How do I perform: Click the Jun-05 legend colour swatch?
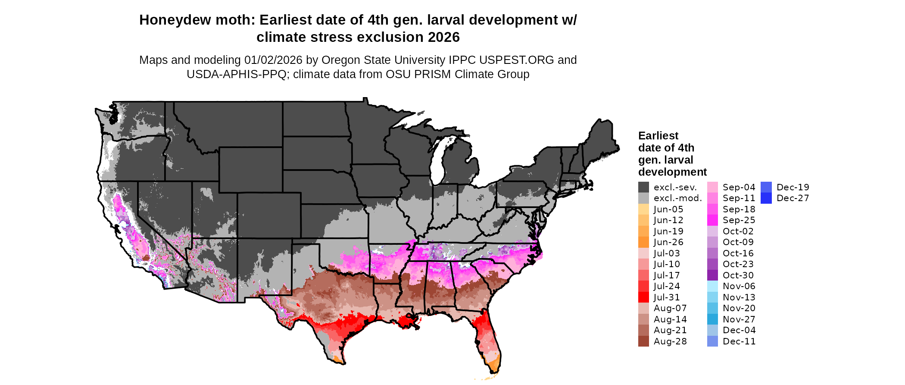pyautogui.click(x=643, y=209)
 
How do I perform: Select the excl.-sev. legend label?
pyautogui.click(x=675, y=187)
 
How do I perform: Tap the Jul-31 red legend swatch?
pyautogui.click(x=643, y=297)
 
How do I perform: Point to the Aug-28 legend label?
pyautogui.click(x=670, y=341)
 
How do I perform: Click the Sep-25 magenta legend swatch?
pyautogui.click(x=712, y=220)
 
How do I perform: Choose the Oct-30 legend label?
pyautogui.click(x=738, y=275)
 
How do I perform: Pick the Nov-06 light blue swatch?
pyautogui.click(x=712, y=286)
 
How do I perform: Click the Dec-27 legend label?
pyautogui.click(x=793, y=198)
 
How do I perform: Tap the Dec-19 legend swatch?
pyautogui.click(x=766, y=187)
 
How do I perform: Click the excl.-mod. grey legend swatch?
pyautogui.click(x=643, y=198)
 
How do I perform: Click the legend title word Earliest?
pyautogui.click(x=658, y=136)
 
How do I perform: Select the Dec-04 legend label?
pyautogui.click(x=739, y=330)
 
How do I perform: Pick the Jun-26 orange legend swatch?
pyautogui.click(x=643, y=242)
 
